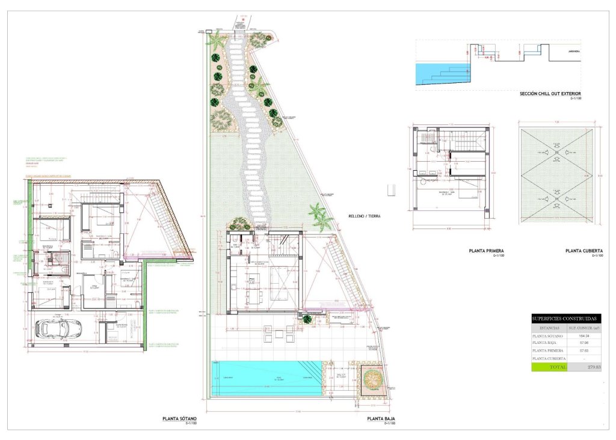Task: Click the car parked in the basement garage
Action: pyautogui.click(x=54, y=328)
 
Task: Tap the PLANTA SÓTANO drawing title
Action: pyautogui.click(x=179, y=419)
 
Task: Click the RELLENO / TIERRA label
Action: pyautogui.click(x=366, y=216)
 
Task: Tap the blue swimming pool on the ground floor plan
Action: pyautogui.click(x=265, y=376)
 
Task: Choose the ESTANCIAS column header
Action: pyautogui.click(x=549, y=328)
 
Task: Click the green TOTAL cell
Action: pyautogui.click(x=549, y=367)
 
